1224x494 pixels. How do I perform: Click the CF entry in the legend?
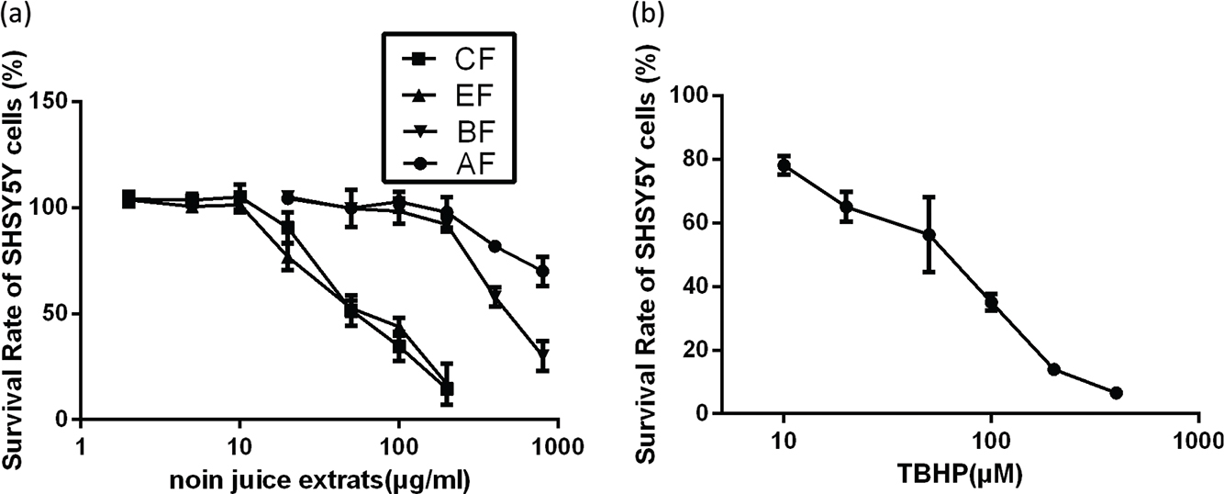click(450, 61)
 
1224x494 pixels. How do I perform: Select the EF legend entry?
click(450, 95)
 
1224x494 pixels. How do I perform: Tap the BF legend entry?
click(450, 130)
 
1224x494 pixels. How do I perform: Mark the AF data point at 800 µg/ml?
click(542, 271)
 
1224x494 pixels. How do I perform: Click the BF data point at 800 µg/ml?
click(542, 355)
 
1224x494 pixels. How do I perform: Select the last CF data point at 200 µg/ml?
click(447, 389)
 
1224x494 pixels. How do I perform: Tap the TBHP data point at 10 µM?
click(784, 166)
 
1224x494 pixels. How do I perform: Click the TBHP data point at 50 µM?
click(929, 234)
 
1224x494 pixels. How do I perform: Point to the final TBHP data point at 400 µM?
click(1116, 393)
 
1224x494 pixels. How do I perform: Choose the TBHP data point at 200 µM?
click(1053, 369)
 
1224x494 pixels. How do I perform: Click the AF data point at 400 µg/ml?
click(495, 246)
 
